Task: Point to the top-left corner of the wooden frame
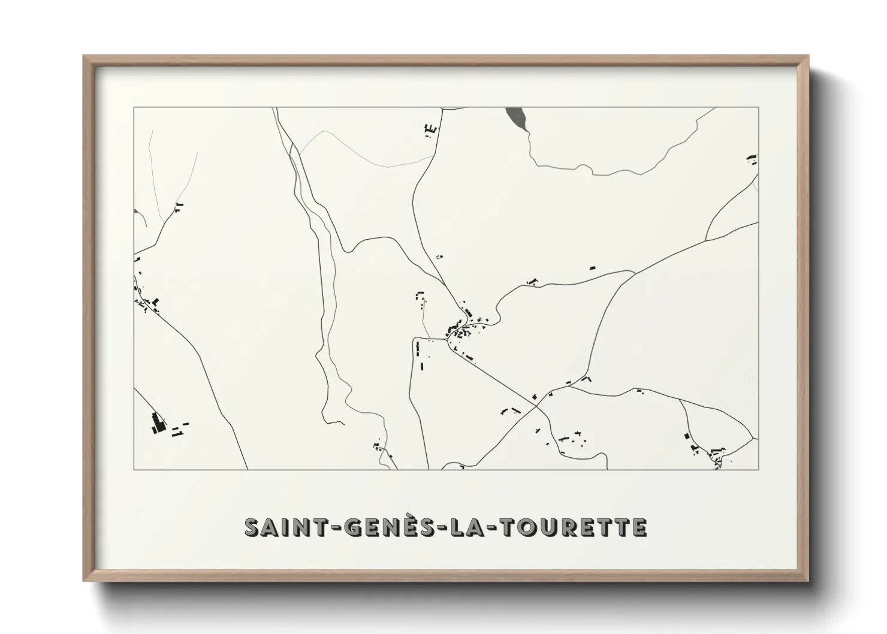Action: [x=84, y=56]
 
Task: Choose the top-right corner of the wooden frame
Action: [x=808, y=56]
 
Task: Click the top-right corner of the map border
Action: [x=759, y=107]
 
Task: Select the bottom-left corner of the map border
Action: [x=134, y=469]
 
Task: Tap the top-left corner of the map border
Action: [x=134, y=107]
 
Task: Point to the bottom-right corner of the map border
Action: [x=759, y=469]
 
